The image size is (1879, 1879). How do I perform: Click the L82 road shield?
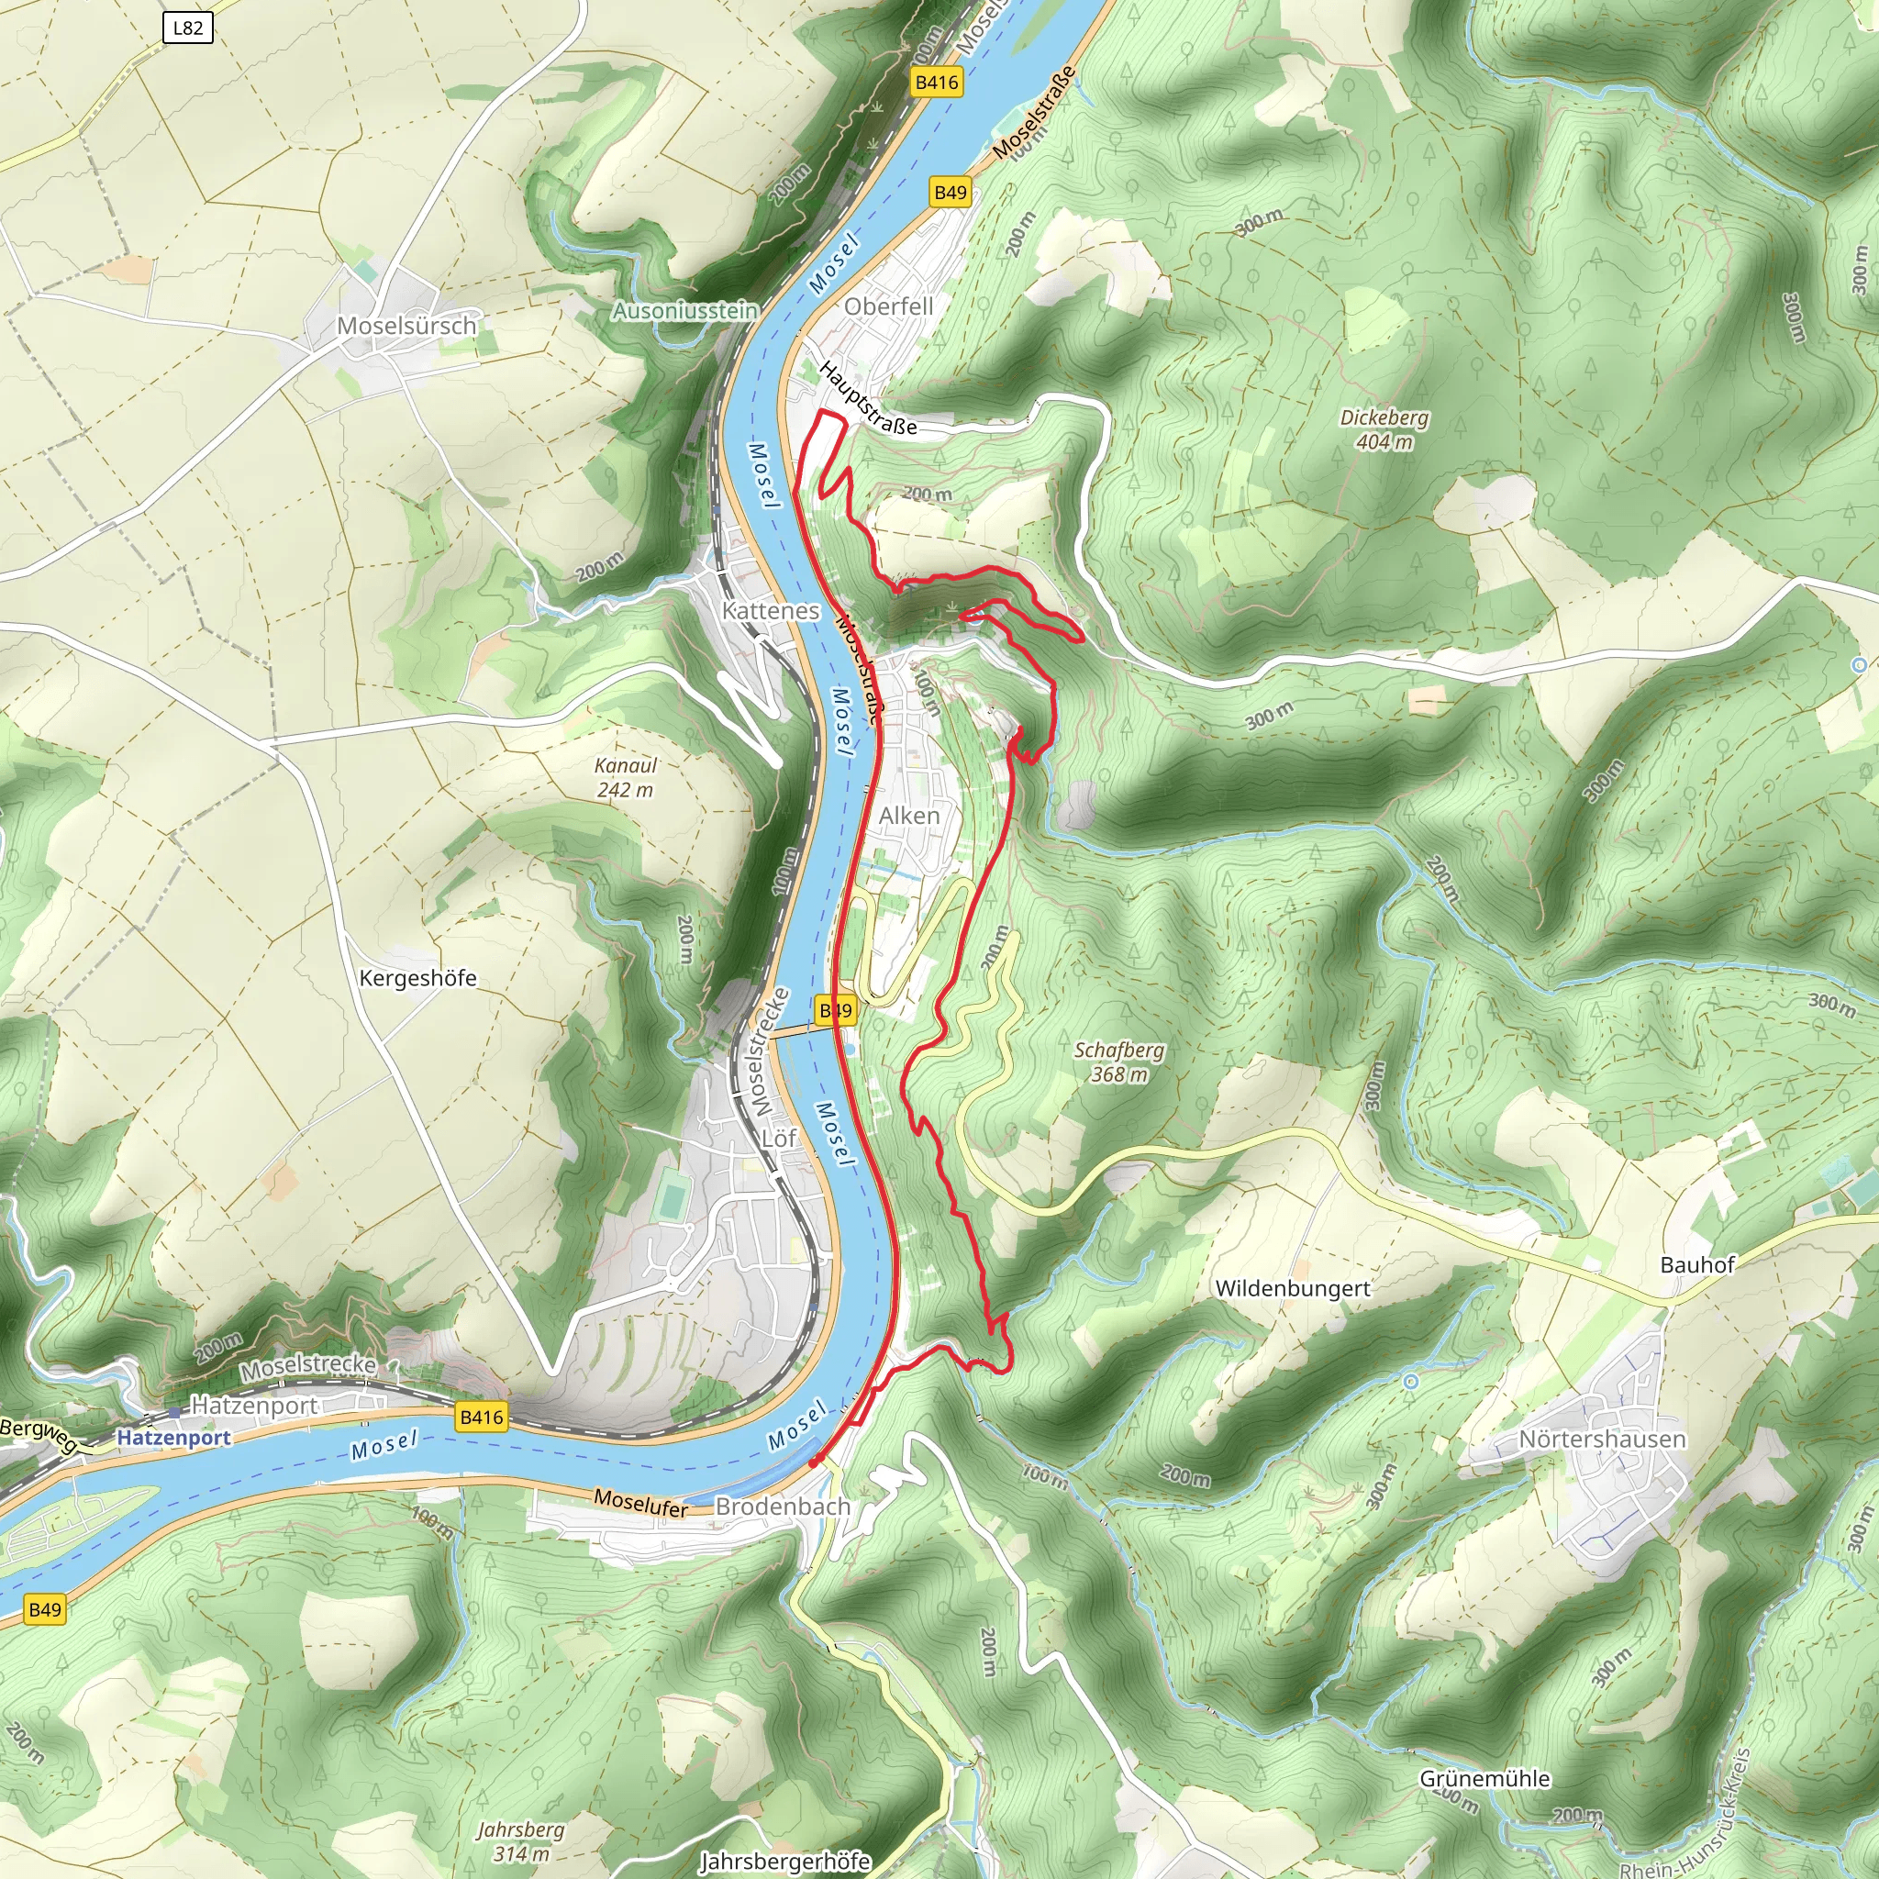[188, 28]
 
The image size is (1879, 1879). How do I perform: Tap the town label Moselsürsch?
[406, 326]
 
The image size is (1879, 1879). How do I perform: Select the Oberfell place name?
[888, 306]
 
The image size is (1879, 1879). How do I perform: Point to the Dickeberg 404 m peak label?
[1384, 428]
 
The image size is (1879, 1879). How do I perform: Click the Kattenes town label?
[771, 611]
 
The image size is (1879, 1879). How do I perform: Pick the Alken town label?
[909, 815]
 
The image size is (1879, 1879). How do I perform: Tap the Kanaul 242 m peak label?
[626, 777]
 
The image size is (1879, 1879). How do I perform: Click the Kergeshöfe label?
[418, 977]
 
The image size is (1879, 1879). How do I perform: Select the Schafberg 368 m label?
[1118, 1062]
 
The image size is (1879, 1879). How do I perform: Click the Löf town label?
[778, 1137]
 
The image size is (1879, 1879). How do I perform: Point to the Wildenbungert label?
[1293, 1289]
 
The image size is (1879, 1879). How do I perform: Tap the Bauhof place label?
[1697, 1264]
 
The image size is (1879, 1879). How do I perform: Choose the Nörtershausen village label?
[1602, 1439]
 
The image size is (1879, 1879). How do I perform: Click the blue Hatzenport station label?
[174, 1438]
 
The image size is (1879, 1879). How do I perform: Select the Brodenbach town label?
[783, 1506]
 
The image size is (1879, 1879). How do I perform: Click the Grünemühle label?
[1484, 1778]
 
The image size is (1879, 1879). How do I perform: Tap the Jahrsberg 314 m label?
[520, 1841]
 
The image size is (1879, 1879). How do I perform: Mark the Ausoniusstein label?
[684, 311]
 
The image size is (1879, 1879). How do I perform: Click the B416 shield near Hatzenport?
[482, 1417]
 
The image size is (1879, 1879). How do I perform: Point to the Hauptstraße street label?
[868, 398]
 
